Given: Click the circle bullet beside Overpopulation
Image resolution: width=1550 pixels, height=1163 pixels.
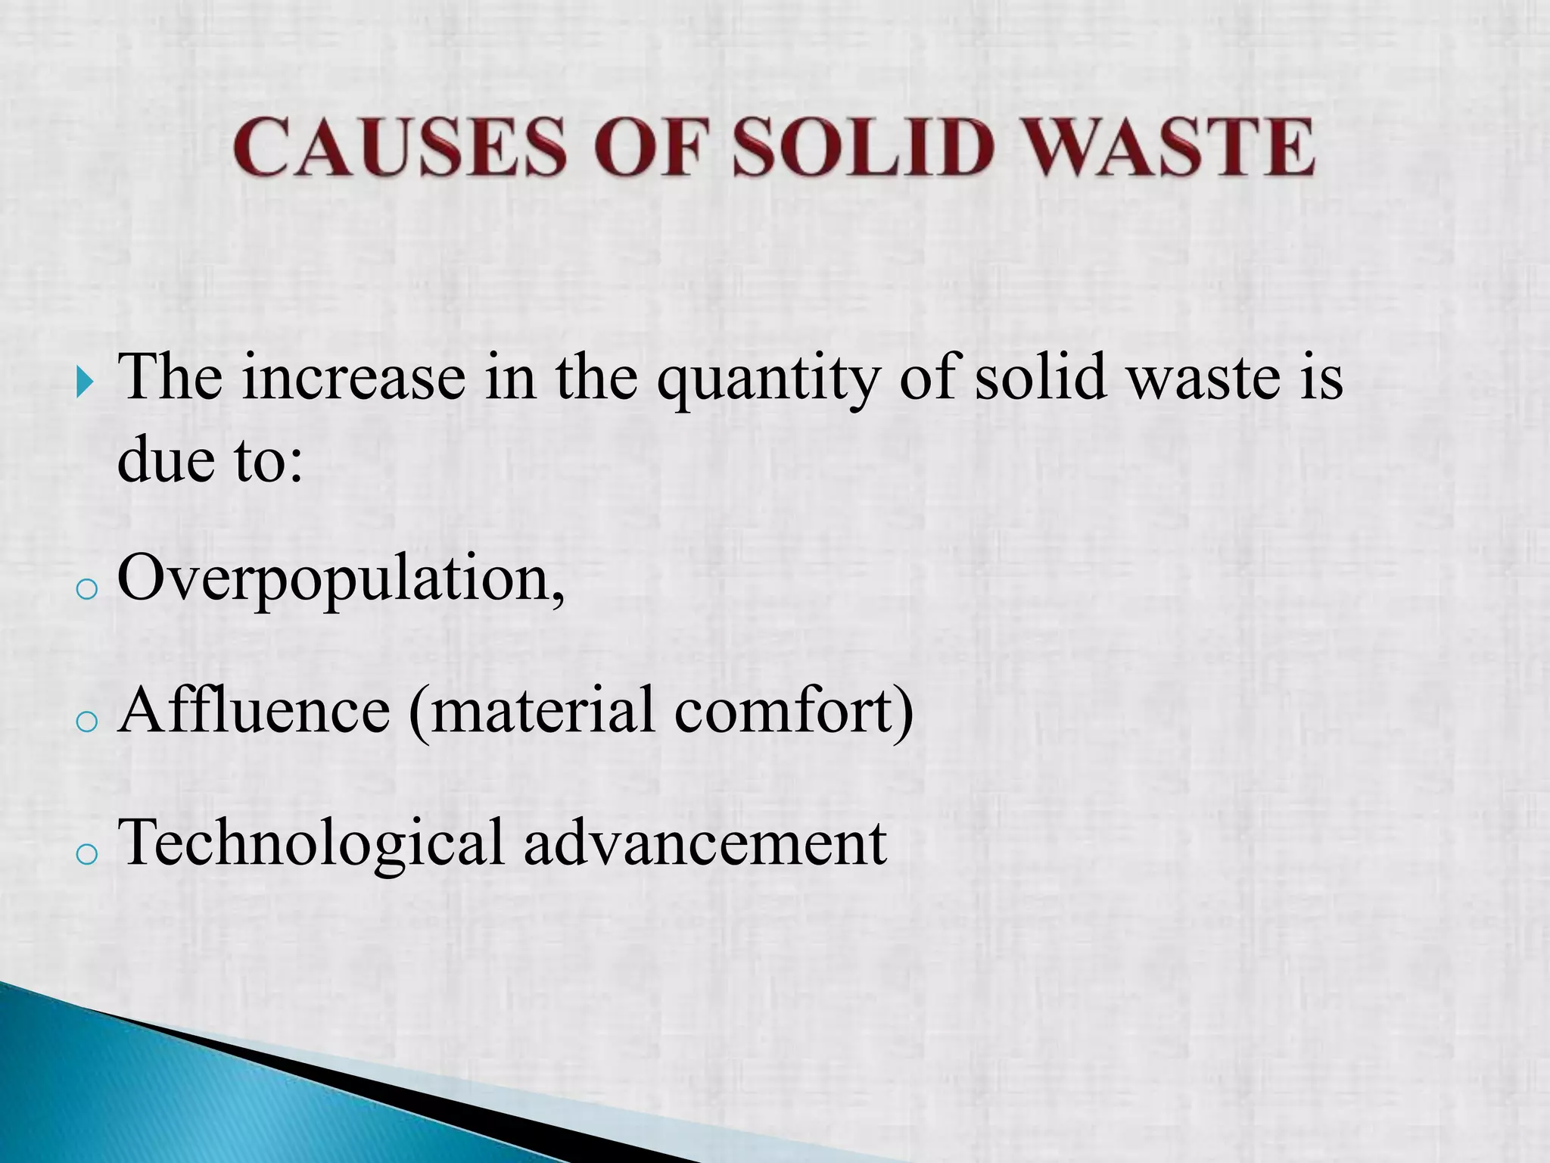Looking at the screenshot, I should (x=88, y=589).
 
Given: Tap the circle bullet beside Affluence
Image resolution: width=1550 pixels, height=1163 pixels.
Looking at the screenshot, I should (x=88, y=722).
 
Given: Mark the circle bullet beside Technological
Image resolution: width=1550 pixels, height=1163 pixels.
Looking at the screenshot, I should (x=88, y=854).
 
